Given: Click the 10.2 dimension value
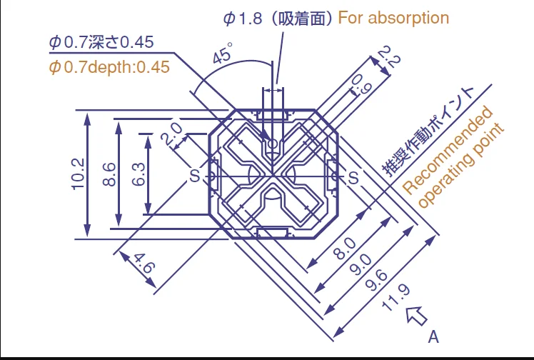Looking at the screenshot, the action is (x=78, y=174).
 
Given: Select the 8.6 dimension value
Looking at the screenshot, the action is (x=109, y=174).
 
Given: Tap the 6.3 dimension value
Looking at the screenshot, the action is (x=138, y=174).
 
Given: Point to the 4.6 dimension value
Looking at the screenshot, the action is (x=144, y=263).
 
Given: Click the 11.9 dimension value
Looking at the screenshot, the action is (x=396, y=298).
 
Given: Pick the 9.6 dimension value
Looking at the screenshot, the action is (x=376, y=280).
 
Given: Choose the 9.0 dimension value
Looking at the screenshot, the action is (x=361, y=264).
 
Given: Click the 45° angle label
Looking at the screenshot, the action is (x=223, y=52).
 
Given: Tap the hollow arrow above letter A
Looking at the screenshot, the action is (x=416, y=316).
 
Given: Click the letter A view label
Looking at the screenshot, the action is (x=433, y=337).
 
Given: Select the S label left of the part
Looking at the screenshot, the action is (x=194, y=176).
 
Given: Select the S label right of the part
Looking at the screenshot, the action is (x=353, y=177).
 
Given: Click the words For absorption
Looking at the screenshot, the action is (x=393, y=18).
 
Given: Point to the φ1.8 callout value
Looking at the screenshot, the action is (x=243, y=19).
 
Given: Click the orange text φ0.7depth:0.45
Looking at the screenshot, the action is (x=109, y=67).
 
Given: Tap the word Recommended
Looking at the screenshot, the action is (x=448, y=150).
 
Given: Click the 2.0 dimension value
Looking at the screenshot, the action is (x=172, y=134).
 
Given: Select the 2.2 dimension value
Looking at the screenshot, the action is (x=390, y=56).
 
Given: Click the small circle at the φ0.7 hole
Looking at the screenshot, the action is (x=273, y=144).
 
